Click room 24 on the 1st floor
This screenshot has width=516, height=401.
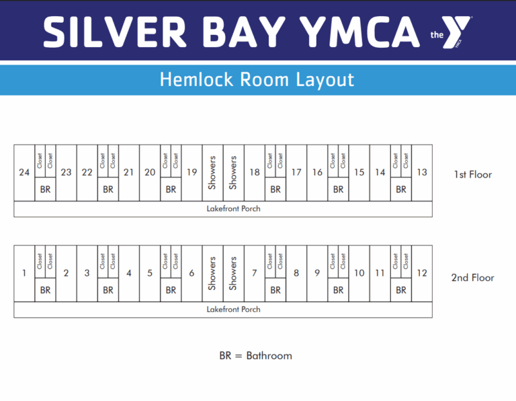click(24, 172)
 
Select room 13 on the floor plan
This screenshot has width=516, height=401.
click(422, 172)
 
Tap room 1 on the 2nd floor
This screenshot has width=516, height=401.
click(24, 273)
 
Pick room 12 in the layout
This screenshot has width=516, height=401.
click(422, 273)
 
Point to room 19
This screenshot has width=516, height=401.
click(192, 172)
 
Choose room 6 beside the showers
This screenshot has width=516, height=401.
click(191, 273)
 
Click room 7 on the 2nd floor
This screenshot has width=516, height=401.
click(255, 273)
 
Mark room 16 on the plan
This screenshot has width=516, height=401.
click(317, 172)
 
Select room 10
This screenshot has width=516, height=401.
click(359, 273)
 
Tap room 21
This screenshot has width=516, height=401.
click(129, 172)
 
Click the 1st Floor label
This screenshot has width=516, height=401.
click(473, 175)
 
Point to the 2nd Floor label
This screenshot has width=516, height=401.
click(472, 278)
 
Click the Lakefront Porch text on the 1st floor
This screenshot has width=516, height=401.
click(233, 209)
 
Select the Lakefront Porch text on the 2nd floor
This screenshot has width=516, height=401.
click(233, 309)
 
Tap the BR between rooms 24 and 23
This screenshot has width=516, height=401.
click(46, 190)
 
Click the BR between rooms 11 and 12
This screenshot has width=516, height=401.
click(401, 290)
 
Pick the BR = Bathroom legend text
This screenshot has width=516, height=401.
click(256, 356)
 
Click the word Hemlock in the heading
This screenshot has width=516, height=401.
click(196, 79)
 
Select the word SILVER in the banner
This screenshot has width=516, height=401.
click(115, 32)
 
